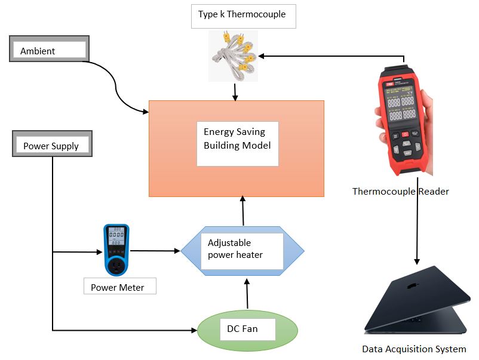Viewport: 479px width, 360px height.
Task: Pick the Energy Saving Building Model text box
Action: [238, 143]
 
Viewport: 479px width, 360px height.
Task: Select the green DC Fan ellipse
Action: [247, 330]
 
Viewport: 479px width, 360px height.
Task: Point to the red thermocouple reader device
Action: [401, 119]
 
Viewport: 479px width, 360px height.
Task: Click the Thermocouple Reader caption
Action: [401, 192]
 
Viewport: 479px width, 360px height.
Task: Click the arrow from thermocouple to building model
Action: [236, 91]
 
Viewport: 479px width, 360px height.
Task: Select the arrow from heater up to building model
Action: [243, 210]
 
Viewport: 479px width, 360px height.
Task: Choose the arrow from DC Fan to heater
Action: [247, 296]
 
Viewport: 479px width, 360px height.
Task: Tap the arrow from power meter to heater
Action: [155, 251]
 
